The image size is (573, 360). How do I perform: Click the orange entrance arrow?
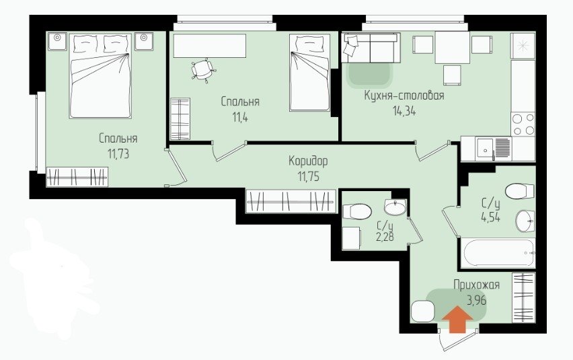coord(457,320)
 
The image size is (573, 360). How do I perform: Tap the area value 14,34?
coord(404,110)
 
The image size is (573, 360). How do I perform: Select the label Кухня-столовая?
coord(404,96)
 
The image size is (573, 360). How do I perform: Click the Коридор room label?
coord(308,161)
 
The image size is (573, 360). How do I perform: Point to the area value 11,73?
coord(118,154)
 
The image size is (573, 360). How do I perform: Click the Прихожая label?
coord(477,285)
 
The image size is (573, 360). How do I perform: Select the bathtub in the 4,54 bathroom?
coord(498,253)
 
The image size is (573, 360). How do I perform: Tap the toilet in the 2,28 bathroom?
coord(356,211)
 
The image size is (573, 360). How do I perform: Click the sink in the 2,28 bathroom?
coord(395,207)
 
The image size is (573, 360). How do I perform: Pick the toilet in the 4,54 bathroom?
coord(520,191)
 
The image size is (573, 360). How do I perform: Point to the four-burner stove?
coord(523,124)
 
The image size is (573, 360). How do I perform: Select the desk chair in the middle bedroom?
coord(203,69)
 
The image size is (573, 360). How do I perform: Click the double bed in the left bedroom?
coord(100,76)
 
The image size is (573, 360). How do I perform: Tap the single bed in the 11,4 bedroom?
coord(310,73)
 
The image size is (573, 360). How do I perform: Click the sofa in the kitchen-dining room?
coord(371,48)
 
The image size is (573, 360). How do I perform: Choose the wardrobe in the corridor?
coord(291,201)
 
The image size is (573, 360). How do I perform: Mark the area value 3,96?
coord(477,300)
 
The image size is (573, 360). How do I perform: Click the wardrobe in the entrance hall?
coord(524,297)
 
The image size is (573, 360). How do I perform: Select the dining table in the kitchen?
coord(453,48)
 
